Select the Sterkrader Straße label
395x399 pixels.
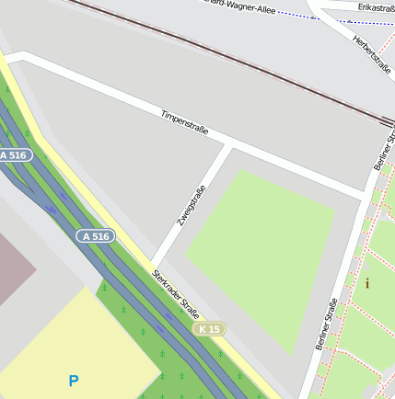(x=176, y=291)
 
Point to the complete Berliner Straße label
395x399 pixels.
(x=326, y=325)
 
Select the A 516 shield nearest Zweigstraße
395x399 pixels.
(x=95, y=236)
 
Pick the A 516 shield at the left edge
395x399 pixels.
(x=15, y=155)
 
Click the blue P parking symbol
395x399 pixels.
(x=74, y=379)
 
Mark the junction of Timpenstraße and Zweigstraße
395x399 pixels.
(x=228, y=146)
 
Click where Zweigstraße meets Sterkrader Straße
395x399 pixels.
(x=155, y=261)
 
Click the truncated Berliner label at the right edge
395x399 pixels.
(x=384, y=147)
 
